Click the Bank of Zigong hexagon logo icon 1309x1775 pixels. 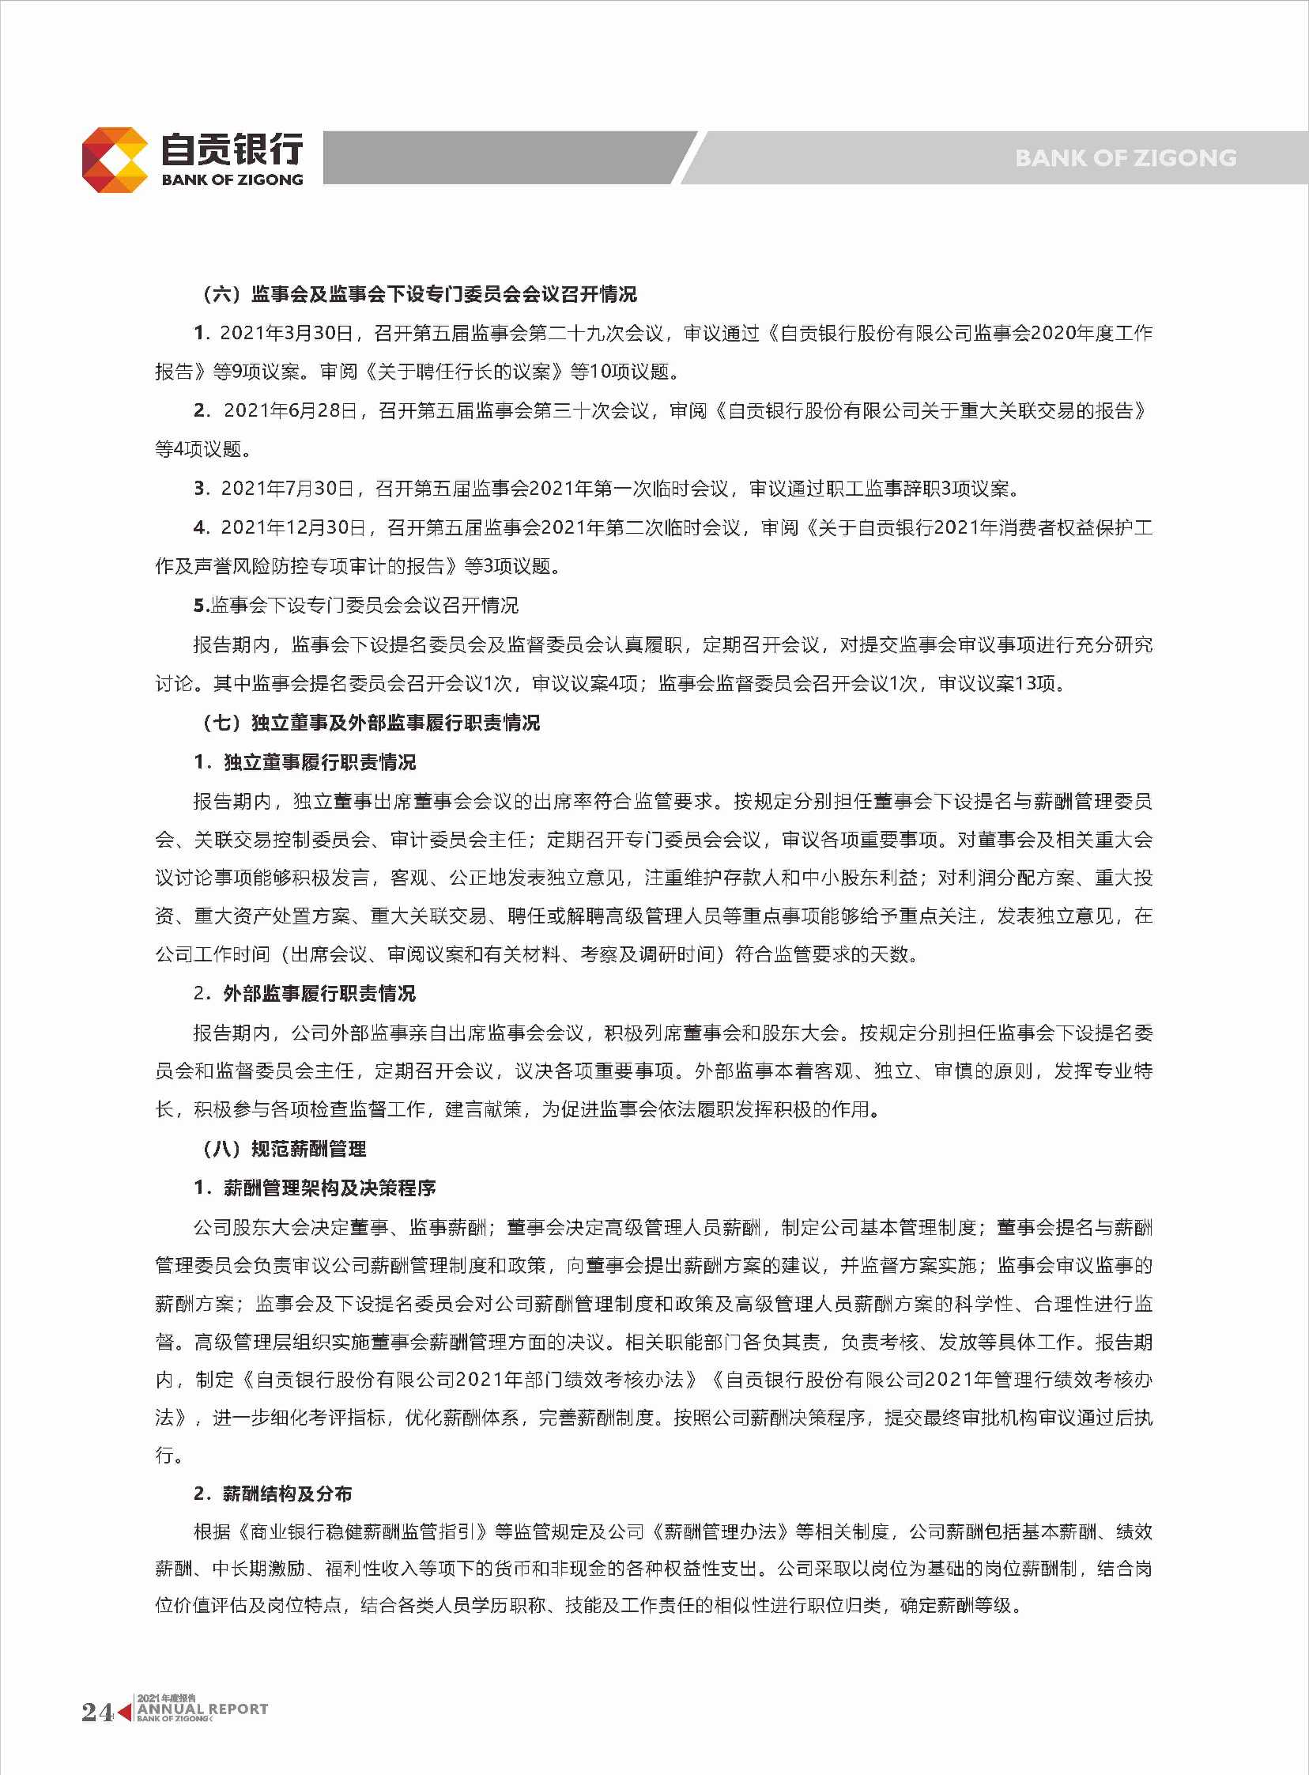[x=115, y=159]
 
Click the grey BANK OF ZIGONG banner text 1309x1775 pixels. [x=1125, y=158]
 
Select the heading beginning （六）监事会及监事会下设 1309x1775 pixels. [x=420, y=295]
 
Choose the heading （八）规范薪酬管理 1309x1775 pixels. [x=285, y=1149]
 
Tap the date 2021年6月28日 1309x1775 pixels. [x=291, y=410]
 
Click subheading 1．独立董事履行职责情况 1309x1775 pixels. [x=305, y=762]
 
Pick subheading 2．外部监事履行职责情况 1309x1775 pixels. [x=305, y=994]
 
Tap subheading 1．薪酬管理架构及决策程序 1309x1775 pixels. [x=315, y=1188]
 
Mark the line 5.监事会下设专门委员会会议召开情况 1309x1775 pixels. [x=356, y=606]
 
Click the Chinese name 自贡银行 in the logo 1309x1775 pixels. [x=232, y=149]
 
